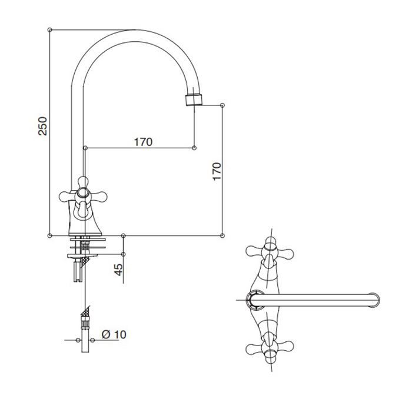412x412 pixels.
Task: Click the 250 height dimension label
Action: point(42,126)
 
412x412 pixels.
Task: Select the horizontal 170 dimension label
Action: point(143,142)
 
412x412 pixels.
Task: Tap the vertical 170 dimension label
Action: point(217,172)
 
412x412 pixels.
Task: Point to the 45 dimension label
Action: point(119,270)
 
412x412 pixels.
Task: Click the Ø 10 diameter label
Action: point(114,334)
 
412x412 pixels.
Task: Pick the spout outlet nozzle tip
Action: point(194,100)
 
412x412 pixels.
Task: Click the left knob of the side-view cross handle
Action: point(66,197)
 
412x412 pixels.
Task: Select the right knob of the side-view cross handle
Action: point(99,197)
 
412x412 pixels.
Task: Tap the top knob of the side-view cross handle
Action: point(84,182)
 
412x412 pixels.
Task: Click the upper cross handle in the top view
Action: point(270,252)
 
